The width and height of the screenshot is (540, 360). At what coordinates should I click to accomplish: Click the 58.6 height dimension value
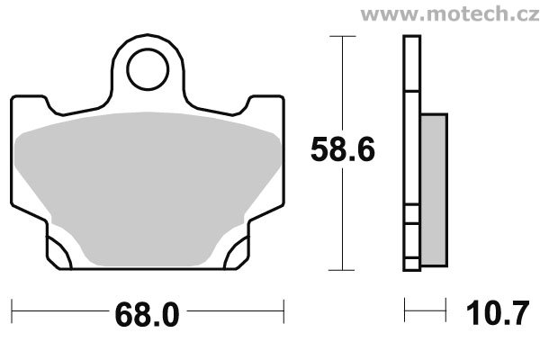click(x=342, y=149)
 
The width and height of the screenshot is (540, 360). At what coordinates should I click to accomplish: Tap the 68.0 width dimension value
click(x=147, y=314)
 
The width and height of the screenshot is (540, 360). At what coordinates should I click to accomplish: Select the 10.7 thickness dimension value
click(x=497, y=313)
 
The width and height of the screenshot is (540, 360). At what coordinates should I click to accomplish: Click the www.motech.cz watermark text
click(x=450, y=14)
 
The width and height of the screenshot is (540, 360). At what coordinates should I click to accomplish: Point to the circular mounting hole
click(x=148, y=49)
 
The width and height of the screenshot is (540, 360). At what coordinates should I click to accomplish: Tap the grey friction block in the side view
click(x=434, y=190)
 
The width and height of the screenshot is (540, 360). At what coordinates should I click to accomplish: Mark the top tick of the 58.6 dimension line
click(x=342, y=36)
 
